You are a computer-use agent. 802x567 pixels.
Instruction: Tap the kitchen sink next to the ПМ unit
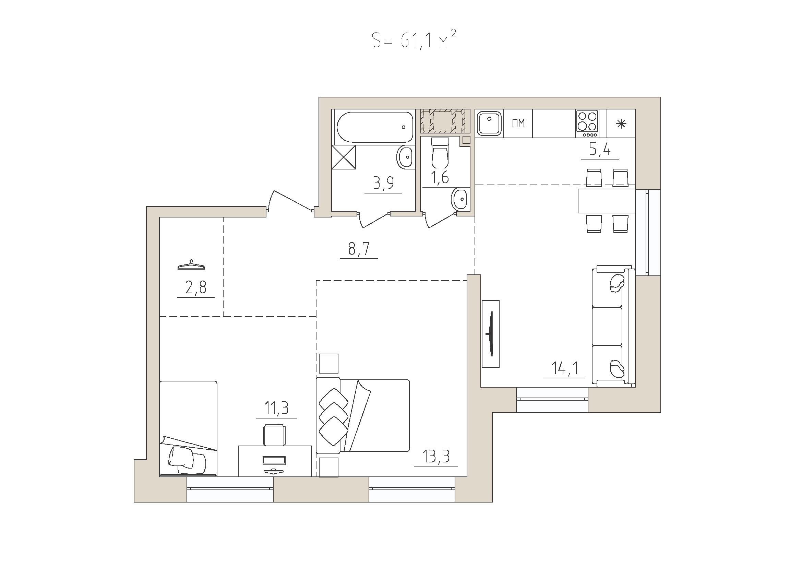coord(489,123)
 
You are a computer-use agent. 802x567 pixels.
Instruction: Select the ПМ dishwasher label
coord(518,123)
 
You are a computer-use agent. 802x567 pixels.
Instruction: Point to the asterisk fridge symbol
coord(621,124)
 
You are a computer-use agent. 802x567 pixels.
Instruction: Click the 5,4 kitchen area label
coord(600,150)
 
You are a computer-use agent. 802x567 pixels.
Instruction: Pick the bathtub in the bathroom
coord(375,127)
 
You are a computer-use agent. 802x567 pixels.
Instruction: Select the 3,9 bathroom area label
coord(383,183)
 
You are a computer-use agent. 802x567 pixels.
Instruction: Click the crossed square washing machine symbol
coord(344,157)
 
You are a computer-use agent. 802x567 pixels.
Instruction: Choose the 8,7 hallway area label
coord(359,249)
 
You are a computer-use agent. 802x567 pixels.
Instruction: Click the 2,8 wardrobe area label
coord(196,287)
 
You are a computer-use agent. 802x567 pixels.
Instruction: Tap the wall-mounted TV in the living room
coord(491,334)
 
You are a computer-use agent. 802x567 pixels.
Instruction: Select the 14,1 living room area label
coord(564,368)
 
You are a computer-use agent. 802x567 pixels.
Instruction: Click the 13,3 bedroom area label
coord(436,456)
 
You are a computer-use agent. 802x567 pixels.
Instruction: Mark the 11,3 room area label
coord(276,408)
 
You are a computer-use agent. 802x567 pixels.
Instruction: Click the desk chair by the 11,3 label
coord(274,435)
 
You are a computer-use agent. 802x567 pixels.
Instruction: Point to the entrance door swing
coord(290,202)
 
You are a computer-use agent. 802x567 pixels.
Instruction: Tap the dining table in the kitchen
coord(607,201)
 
